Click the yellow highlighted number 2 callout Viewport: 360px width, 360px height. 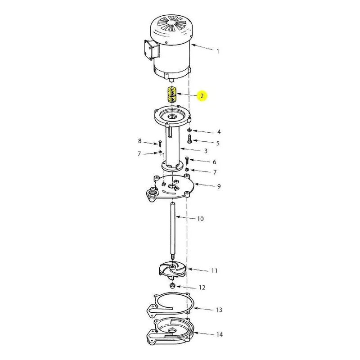[x=202, y=96]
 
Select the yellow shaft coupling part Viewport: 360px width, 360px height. [x=171, y=94]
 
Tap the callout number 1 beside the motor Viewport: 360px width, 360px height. [x=218, y=51]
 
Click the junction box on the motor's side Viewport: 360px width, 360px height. [x=152, y=50]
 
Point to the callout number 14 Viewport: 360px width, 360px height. [x=220, y=334]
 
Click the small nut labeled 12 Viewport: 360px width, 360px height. [x=172, y=286]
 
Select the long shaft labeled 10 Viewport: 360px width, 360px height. [x=172, y=231]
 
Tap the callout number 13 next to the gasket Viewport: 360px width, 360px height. [x=219, y=310]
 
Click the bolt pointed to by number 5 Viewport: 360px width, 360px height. [x=189, y=139]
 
